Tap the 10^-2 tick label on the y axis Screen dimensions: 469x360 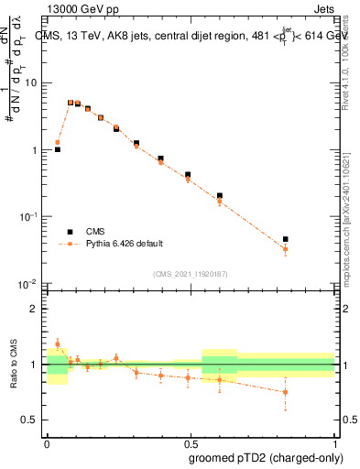click(29, 284)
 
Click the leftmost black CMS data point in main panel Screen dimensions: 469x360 click(58, 148)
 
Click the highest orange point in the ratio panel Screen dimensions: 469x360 click(58, 344)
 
